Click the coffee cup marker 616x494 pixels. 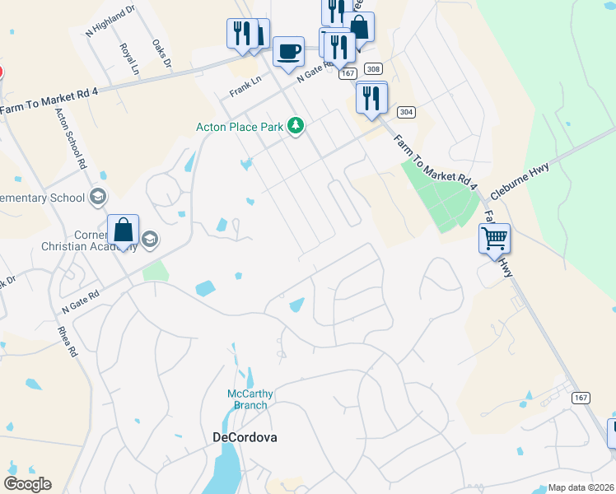pyautogui.click(x=287, y=52)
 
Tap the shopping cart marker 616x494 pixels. pyautogui.click(x=494, y=240)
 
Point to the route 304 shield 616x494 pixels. pyautogui.click(x=404, y=111)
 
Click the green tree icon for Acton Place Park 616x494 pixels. pyautogui.click(x=296, y=126)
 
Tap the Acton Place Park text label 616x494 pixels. pyautogui.click(x=239, y=127)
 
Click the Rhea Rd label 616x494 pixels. pyautogui.click(x=72, y=338)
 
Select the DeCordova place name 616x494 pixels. pyautogui.click(x=245, y=437)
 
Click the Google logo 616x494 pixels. pyautogui.click(x=27, y=484)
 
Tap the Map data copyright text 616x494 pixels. pyautogui.click(x=581, y=487)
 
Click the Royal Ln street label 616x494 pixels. pyautogui.click(x=128, y=59)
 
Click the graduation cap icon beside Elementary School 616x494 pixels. pyautogui.click(x=98, y=196)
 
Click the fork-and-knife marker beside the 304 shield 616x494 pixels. pyautogui.click(x=371, y=99)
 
